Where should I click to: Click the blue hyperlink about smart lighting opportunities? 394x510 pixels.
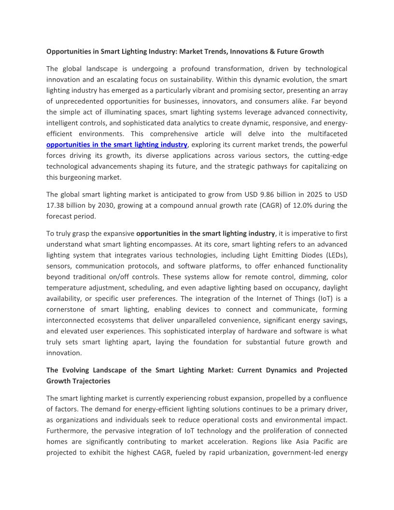(116, 144)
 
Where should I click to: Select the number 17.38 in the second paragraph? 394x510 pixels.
(56, 205)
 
